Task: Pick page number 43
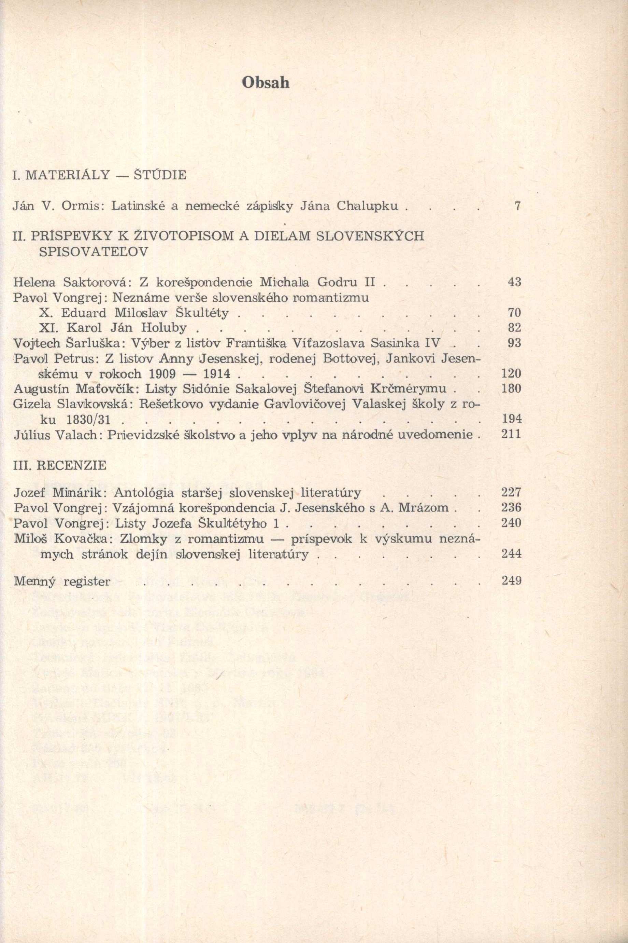[514, 282]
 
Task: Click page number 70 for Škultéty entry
[514, 312]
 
